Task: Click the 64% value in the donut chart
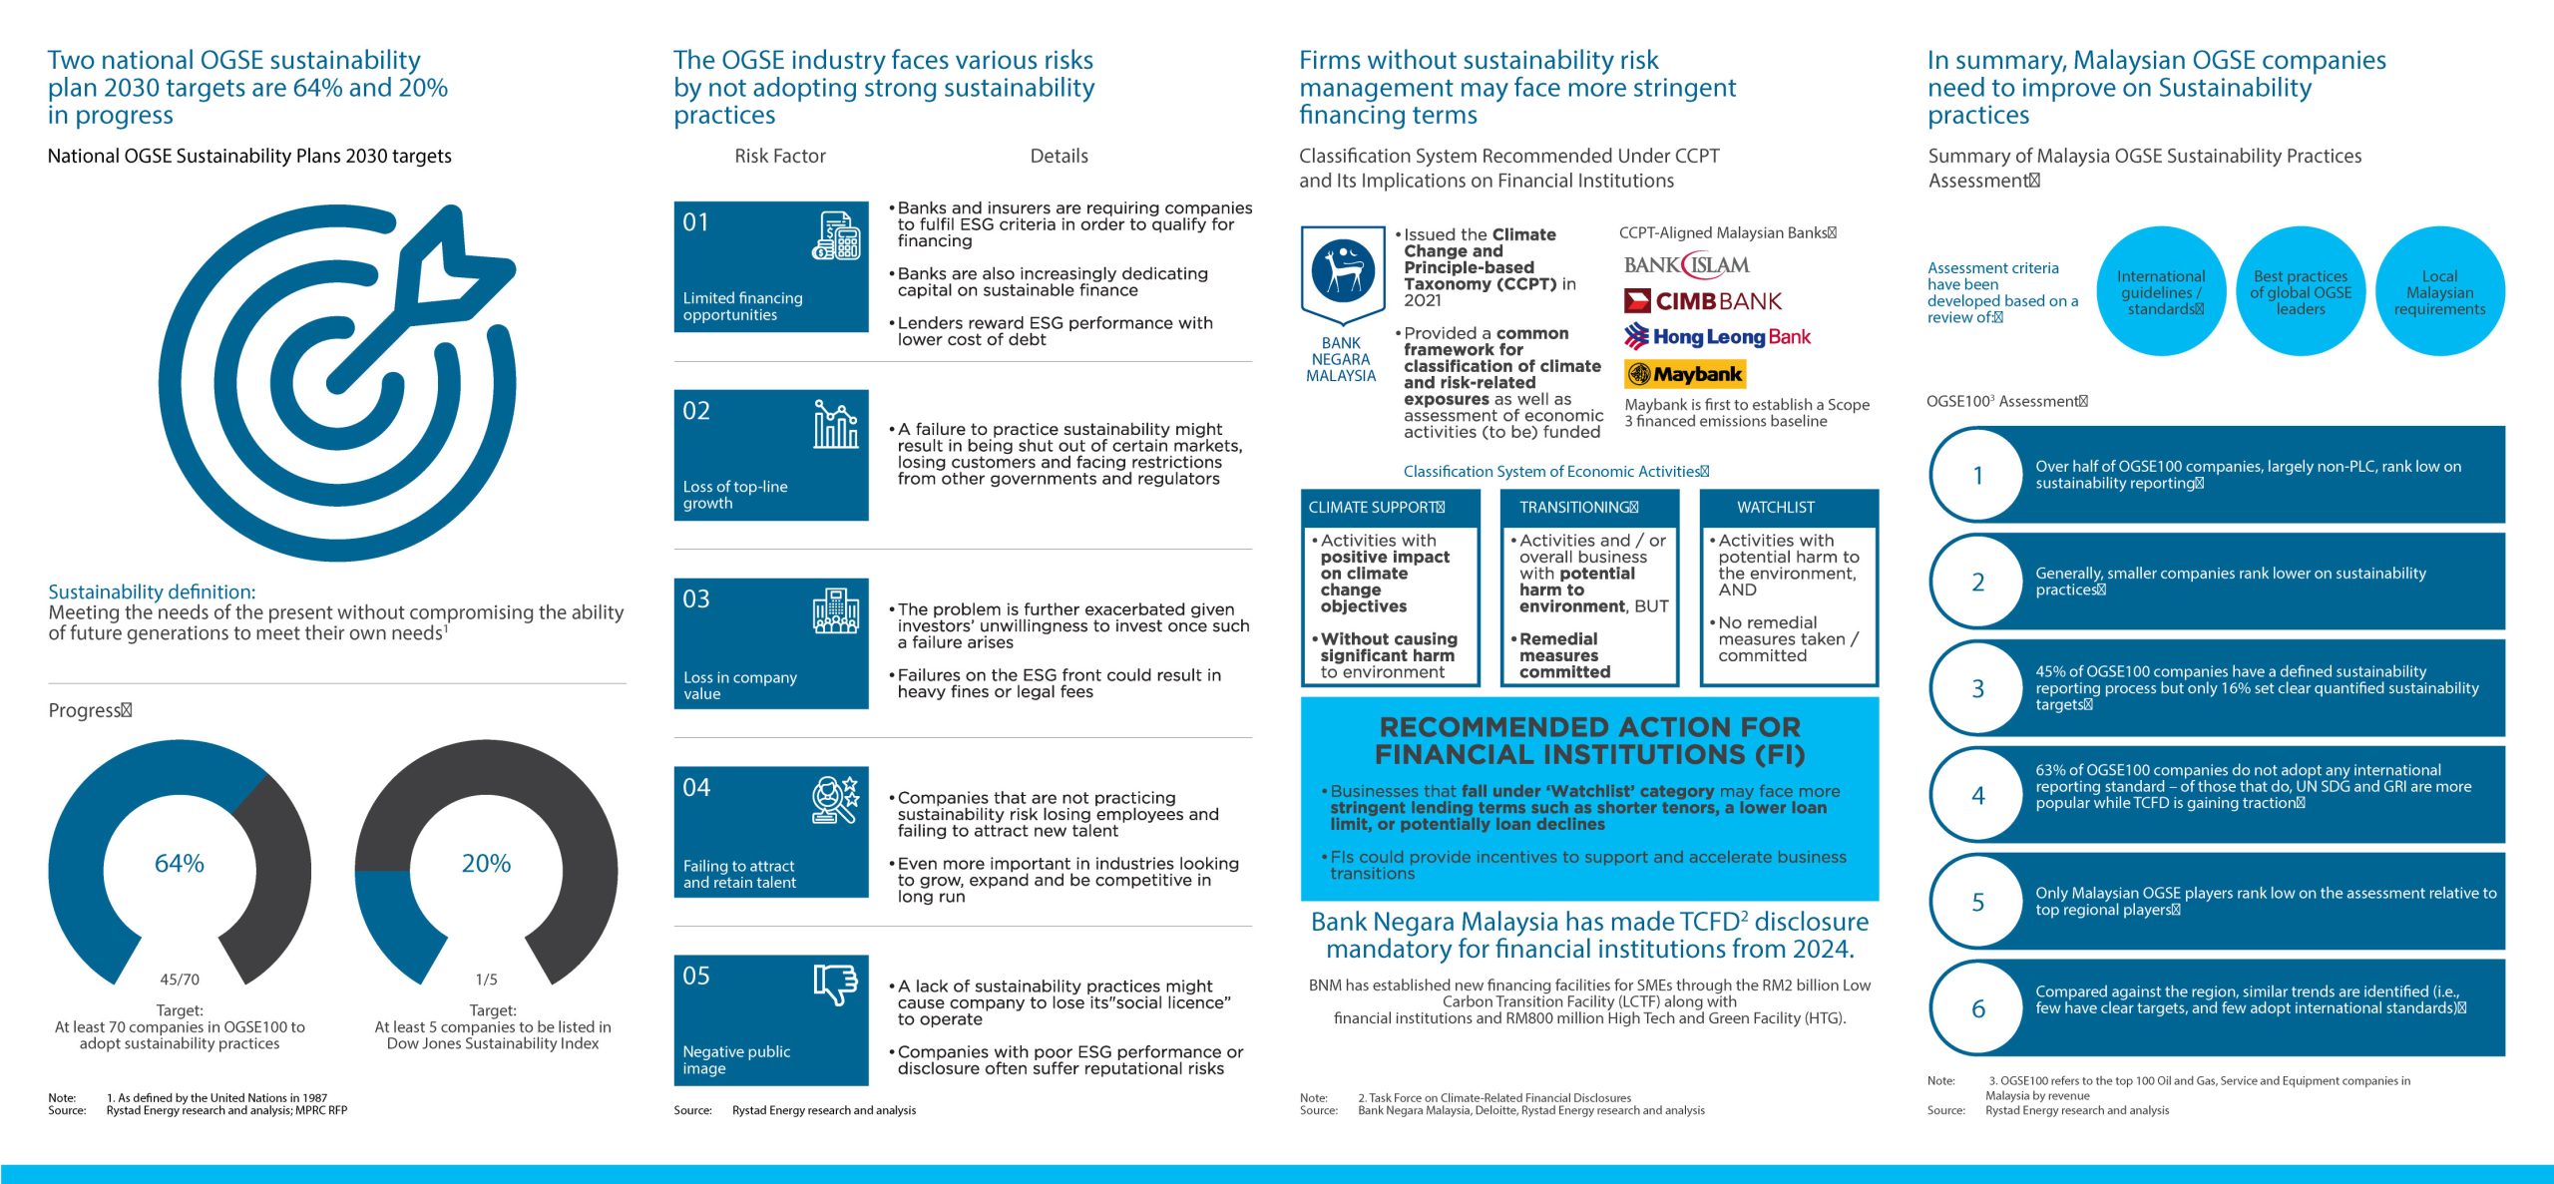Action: pos(180,863)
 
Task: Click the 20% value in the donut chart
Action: pos(486,863)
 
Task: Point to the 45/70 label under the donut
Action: pos(180,980)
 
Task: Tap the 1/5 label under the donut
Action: pos(486,980)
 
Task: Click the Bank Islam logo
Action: pos(1686,265)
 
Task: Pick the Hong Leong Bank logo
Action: pos(1717,337)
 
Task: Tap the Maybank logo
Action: pos(1685,374)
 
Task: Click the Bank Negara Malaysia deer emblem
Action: pos(1343,270)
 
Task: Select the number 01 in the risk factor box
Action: pos(695,222)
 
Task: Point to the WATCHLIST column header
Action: pos(1776,508)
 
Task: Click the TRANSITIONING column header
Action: pos(1577,508)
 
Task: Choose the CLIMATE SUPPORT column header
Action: pos(1375,508)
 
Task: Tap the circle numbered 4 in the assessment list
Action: pos(1978,796)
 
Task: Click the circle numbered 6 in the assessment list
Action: pos(1978,1009)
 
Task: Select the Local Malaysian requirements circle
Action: pos(2439,292)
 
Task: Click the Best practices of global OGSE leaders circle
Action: pos(2301,292)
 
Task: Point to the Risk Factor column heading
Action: pos(780,156)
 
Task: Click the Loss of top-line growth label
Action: pos(735,495)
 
